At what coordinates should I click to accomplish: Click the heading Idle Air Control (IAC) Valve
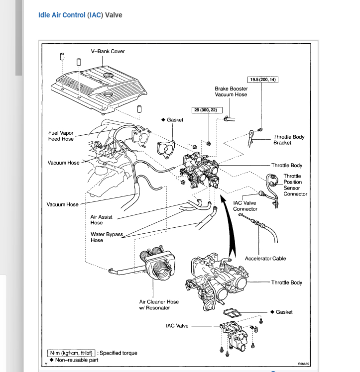pos(80,15)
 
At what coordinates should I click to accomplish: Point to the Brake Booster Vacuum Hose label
pos(231,92)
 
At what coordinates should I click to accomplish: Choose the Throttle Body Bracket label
pos(288,140)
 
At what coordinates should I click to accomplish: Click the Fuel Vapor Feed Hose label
pos(61,136)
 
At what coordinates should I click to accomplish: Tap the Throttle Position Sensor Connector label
pos(295,185)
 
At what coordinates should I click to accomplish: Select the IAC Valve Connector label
pos(245,206)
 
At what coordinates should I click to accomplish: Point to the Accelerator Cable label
pos(265,259)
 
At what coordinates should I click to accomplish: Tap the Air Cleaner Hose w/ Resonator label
pos(159,305)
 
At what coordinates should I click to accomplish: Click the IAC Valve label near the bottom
pos(177,326)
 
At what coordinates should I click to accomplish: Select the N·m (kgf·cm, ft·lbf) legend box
pos(70,353)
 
